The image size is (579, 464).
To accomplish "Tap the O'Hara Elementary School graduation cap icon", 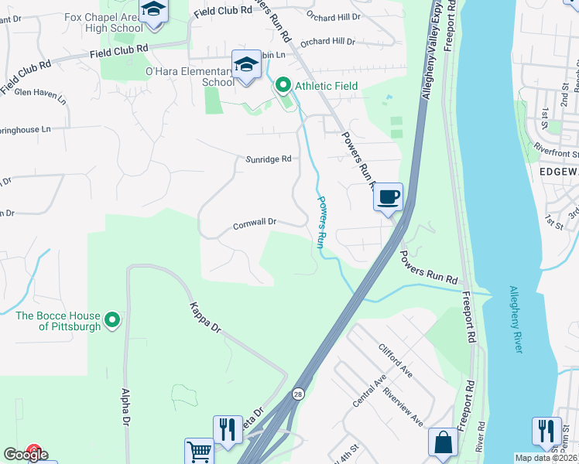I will pos(246,64).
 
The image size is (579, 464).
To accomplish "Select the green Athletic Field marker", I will pos(283,85).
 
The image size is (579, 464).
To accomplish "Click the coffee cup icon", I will pos(388,196).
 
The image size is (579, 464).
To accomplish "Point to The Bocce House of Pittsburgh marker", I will pos(112,319).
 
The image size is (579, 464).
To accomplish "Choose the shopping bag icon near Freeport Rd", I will pos(444,444).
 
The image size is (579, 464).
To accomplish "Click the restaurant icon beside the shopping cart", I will pos(227,429).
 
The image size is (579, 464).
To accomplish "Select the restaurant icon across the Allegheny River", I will pos(546,430).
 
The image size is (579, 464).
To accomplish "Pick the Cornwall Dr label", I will pos(255,223).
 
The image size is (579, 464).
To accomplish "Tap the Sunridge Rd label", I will pos(268,159).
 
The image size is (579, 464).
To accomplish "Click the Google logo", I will pos(26,455).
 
